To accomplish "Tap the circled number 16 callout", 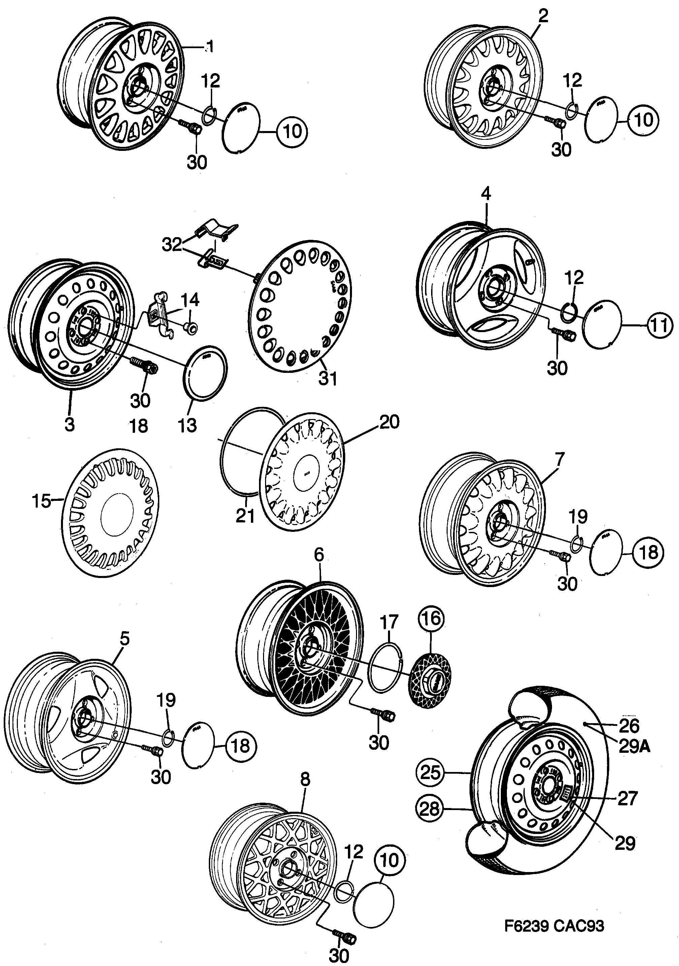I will tap(431, 618).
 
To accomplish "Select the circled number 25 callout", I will tap(430, 772).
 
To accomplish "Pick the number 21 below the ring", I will tap(245, 516).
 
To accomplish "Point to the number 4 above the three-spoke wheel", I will tap(486, 194).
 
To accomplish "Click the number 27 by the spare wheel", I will tap(627, 798).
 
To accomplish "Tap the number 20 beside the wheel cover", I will tap(389, 422).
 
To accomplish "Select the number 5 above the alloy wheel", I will tap(124, 640).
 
